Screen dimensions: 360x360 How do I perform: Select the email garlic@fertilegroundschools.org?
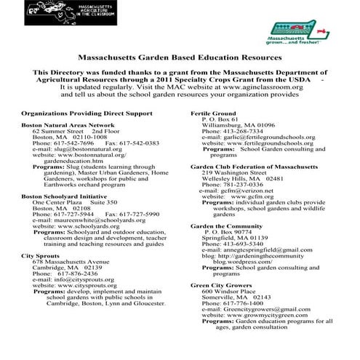pyautogui.click(x=262, y=137)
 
